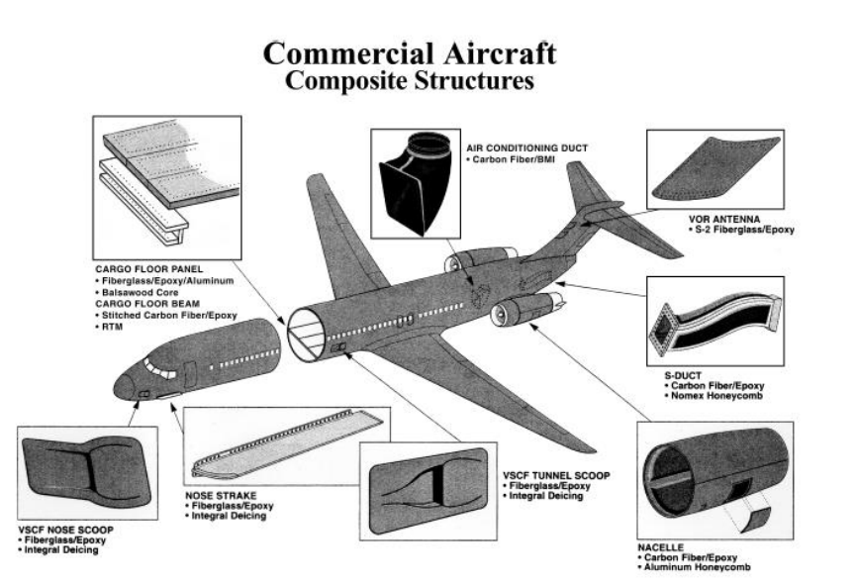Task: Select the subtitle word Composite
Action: tap(346, 81)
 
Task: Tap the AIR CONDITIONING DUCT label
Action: tap(526, 148)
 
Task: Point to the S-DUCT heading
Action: tap(683, 375)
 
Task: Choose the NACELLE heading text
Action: tap(661, 547)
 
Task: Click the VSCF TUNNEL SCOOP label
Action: tap(556, 476)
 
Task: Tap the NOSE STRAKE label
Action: tap(221, 496)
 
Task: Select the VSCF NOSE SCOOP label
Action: tap(65, 530)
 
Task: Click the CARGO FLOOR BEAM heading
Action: tap(147, 304)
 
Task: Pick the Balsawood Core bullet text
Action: tap(140, 292)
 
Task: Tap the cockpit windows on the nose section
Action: tap(159, 368)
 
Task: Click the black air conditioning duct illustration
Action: tap(416, 183)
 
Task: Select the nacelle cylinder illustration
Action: tap(716, 474)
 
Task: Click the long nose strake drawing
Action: tap(288, 443)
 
